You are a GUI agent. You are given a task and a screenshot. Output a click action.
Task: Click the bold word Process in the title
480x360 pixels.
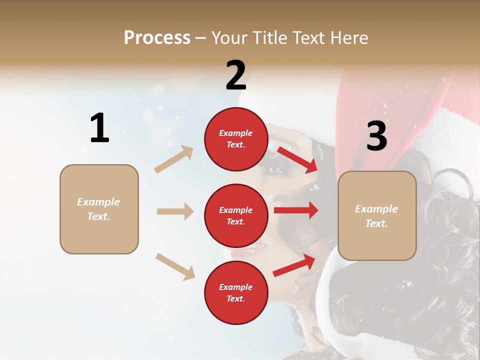coord(157,37)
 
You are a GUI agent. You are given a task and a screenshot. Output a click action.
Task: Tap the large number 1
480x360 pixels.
coord(99,128)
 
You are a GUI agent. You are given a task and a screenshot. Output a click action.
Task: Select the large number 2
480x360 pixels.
coord(236,75)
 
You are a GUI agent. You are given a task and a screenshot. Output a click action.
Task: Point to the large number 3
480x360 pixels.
coord(376,136)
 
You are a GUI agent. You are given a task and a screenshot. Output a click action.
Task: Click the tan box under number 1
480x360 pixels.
coord(99,209)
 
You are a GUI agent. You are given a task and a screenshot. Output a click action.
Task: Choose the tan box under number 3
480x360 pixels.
coord(377,216)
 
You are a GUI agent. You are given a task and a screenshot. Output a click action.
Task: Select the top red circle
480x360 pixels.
coord(236,139)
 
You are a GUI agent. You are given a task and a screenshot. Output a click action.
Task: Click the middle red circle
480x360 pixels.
coord(236,216)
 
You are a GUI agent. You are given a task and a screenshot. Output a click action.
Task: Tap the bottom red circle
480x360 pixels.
coord(236,293)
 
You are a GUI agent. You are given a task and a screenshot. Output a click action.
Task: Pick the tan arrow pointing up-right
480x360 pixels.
coord(173,159)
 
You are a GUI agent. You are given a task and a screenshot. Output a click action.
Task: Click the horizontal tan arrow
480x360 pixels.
coord(175,211)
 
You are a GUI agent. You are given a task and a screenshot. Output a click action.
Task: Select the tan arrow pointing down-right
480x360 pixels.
coord(175,266)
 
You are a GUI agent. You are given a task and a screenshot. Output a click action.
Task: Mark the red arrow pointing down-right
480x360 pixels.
coord(297,159)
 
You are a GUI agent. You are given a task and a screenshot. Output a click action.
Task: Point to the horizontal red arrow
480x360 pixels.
coord(296,210)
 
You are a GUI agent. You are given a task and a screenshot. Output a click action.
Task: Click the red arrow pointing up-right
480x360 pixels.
coord(294,265)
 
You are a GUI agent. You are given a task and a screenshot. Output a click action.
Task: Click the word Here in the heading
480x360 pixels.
coord(349,37)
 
